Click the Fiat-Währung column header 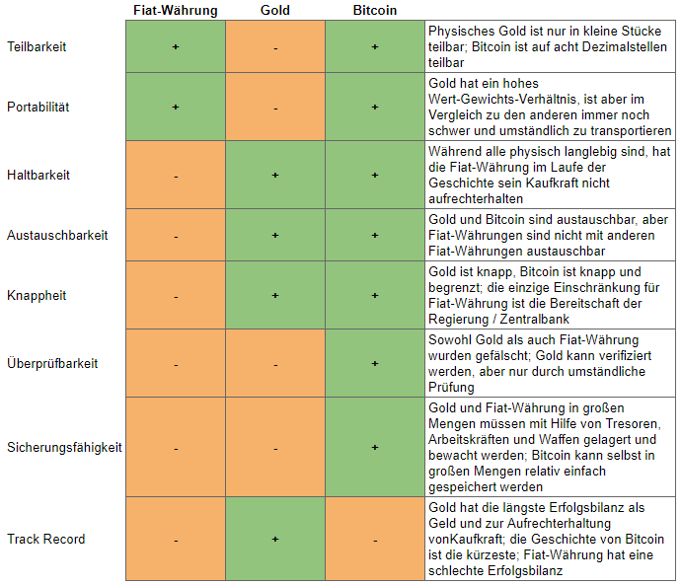point(176,10)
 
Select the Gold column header point(275,10)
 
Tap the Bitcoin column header point(374,10)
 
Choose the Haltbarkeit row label point(38,175)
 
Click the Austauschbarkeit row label point(56,236)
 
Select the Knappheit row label point(36,295)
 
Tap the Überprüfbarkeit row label point(52,363)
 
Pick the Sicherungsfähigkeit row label point(64,447)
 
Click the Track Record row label point(45,539)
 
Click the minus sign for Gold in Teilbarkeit point(275,47)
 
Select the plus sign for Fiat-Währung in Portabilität point(176,107)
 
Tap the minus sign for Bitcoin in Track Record point(375,540)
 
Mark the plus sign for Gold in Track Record point(275,539)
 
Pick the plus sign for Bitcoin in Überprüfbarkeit point(375,363)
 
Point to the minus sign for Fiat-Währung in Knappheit point(176,296)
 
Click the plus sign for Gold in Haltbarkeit point(275,175)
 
